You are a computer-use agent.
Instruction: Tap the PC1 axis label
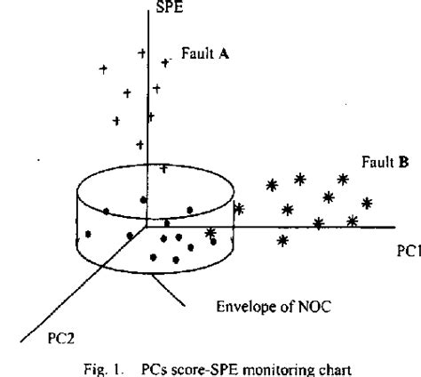(x=408, y=252)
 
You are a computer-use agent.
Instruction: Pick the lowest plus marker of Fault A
(x=163, y=166)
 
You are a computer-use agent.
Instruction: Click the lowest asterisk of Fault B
(x=282, y=240)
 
